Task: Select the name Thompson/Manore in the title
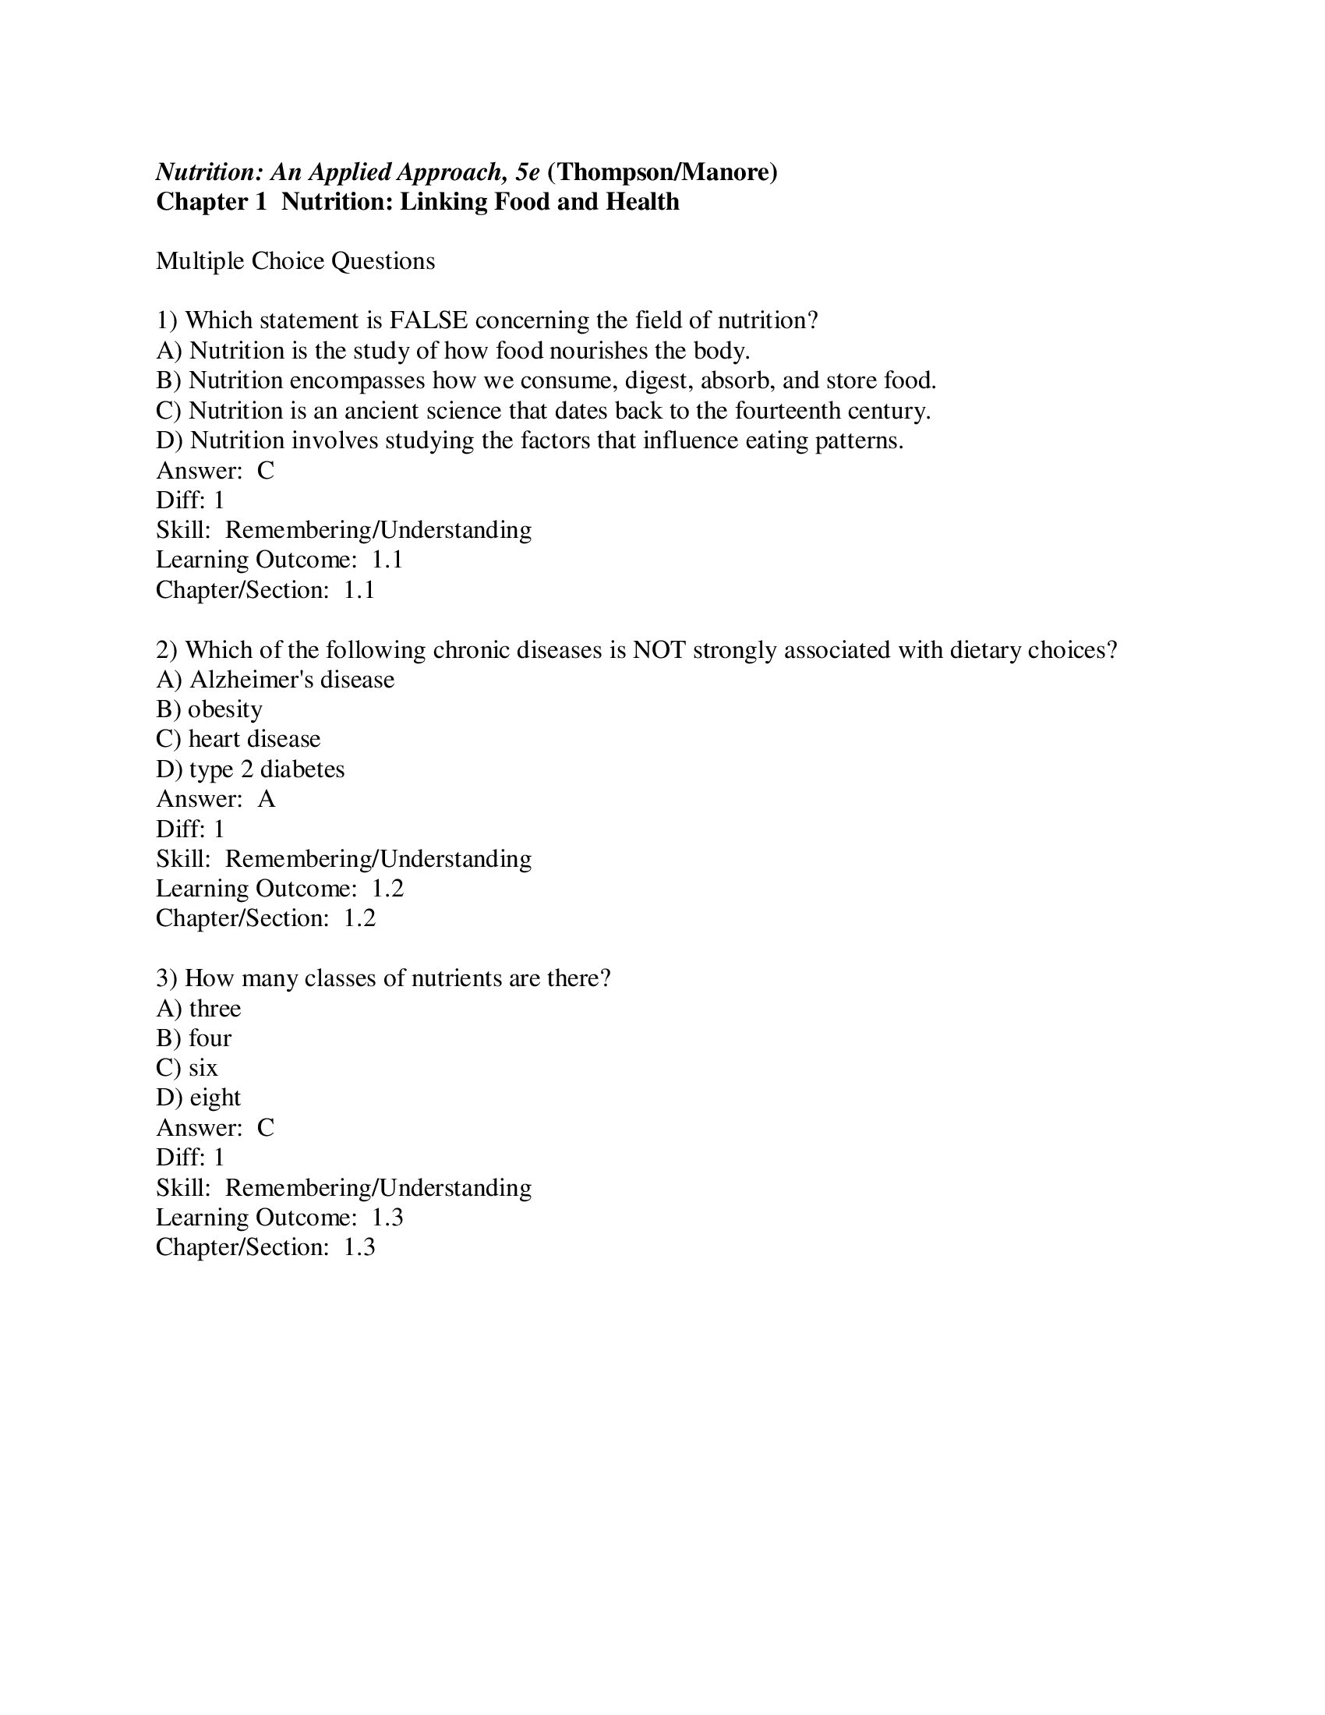[662, 171]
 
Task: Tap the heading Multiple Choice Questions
[295, 260]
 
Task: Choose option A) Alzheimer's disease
[274, 679]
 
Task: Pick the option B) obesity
[209, 709]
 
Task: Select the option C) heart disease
[238, 739]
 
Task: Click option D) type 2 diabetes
[249, 769]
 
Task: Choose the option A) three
[198, 1008]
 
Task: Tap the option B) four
[193, 1038]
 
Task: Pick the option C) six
[187, 1068]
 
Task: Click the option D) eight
[198, 1098]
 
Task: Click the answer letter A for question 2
[266, 798]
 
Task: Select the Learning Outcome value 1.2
[387, 888]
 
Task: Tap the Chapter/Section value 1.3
[359, 1247]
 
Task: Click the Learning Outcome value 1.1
[387, 560]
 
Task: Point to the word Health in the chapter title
[642, 202]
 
